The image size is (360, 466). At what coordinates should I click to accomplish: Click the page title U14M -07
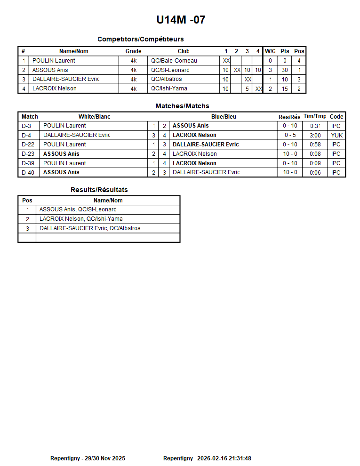181,20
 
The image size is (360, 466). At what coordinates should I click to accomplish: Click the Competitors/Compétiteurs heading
140,39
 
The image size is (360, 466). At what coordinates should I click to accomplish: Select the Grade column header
133,51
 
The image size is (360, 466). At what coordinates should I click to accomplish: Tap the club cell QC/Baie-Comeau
174,61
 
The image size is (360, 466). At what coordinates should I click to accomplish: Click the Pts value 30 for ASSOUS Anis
285,70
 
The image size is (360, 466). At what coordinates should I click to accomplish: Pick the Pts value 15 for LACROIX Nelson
285,88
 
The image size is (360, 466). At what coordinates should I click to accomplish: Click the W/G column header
270,51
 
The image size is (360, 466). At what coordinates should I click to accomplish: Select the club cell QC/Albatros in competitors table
166,79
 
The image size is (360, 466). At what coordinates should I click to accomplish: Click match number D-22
28,145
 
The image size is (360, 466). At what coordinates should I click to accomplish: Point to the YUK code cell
336,135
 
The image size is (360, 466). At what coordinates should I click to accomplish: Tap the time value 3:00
315,136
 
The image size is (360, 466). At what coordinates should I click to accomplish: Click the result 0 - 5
290,135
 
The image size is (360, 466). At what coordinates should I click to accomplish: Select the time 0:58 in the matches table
315,145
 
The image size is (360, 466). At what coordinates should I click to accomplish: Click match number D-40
28,172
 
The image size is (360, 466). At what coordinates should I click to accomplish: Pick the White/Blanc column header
94,117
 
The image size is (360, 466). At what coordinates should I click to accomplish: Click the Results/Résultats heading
99,190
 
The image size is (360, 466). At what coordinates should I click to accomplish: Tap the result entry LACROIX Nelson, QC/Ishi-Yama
81,219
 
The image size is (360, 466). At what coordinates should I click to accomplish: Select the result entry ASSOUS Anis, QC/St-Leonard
78,209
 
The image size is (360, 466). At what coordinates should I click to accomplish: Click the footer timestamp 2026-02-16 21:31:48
224,458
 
